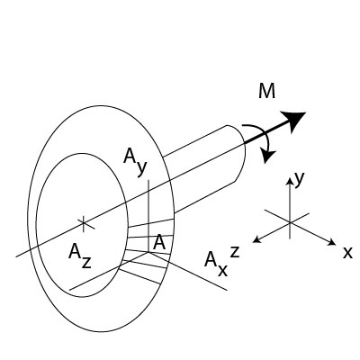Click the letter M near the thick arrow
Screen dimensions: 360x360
(x=266, y=92)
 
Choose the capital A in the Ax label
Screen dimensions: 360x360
(x=211, y=260)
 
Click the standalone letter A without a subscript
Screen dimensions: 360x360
(x=158, y=243)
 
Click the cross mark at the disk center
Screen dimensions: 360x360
(x=83, y=221)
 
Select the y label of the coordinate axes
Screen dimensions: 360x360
(x=300, y=179)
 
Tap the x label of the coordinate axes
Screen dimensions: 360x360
(x=347, y=253)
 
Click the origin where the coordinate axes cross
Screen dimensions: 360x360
(x=289, y=219)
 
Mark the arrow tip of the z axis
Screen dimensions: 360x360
(x=255, y=240)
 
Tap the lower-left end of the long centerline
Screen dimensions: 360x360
(x=17, y=256)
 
